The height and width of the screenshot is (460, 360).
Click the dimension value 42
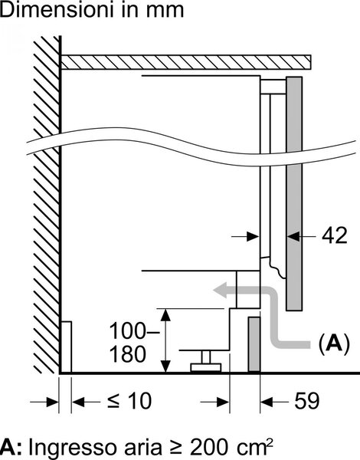coord(334,235)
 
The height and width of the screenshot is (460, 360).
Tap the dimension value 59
coord(306,400)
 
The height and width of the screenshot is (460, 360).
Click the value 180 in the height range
coord(127,354)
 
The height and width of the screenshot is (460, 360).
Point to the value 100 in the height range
coord(127,330)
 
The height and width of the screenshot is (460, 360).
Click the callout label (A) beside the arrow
coord(334,343)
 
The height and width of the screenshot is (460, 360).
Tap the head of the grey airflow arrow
coord(220,290)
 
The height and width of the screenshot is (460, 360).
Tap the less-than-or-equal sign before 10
coord(113,401)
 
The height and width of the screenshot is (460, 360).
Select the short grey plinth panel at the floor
coord(254,344)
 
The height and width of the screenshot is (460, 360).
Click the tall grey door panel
coord(294,194)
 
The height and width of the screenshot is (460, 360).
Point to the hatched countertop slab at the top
coord(185,62)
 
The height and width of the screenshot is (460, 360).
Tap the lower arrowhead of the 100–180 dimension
coord(166,366)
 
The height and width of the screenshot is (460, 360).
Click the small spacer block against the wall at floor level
coord(66,347)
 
